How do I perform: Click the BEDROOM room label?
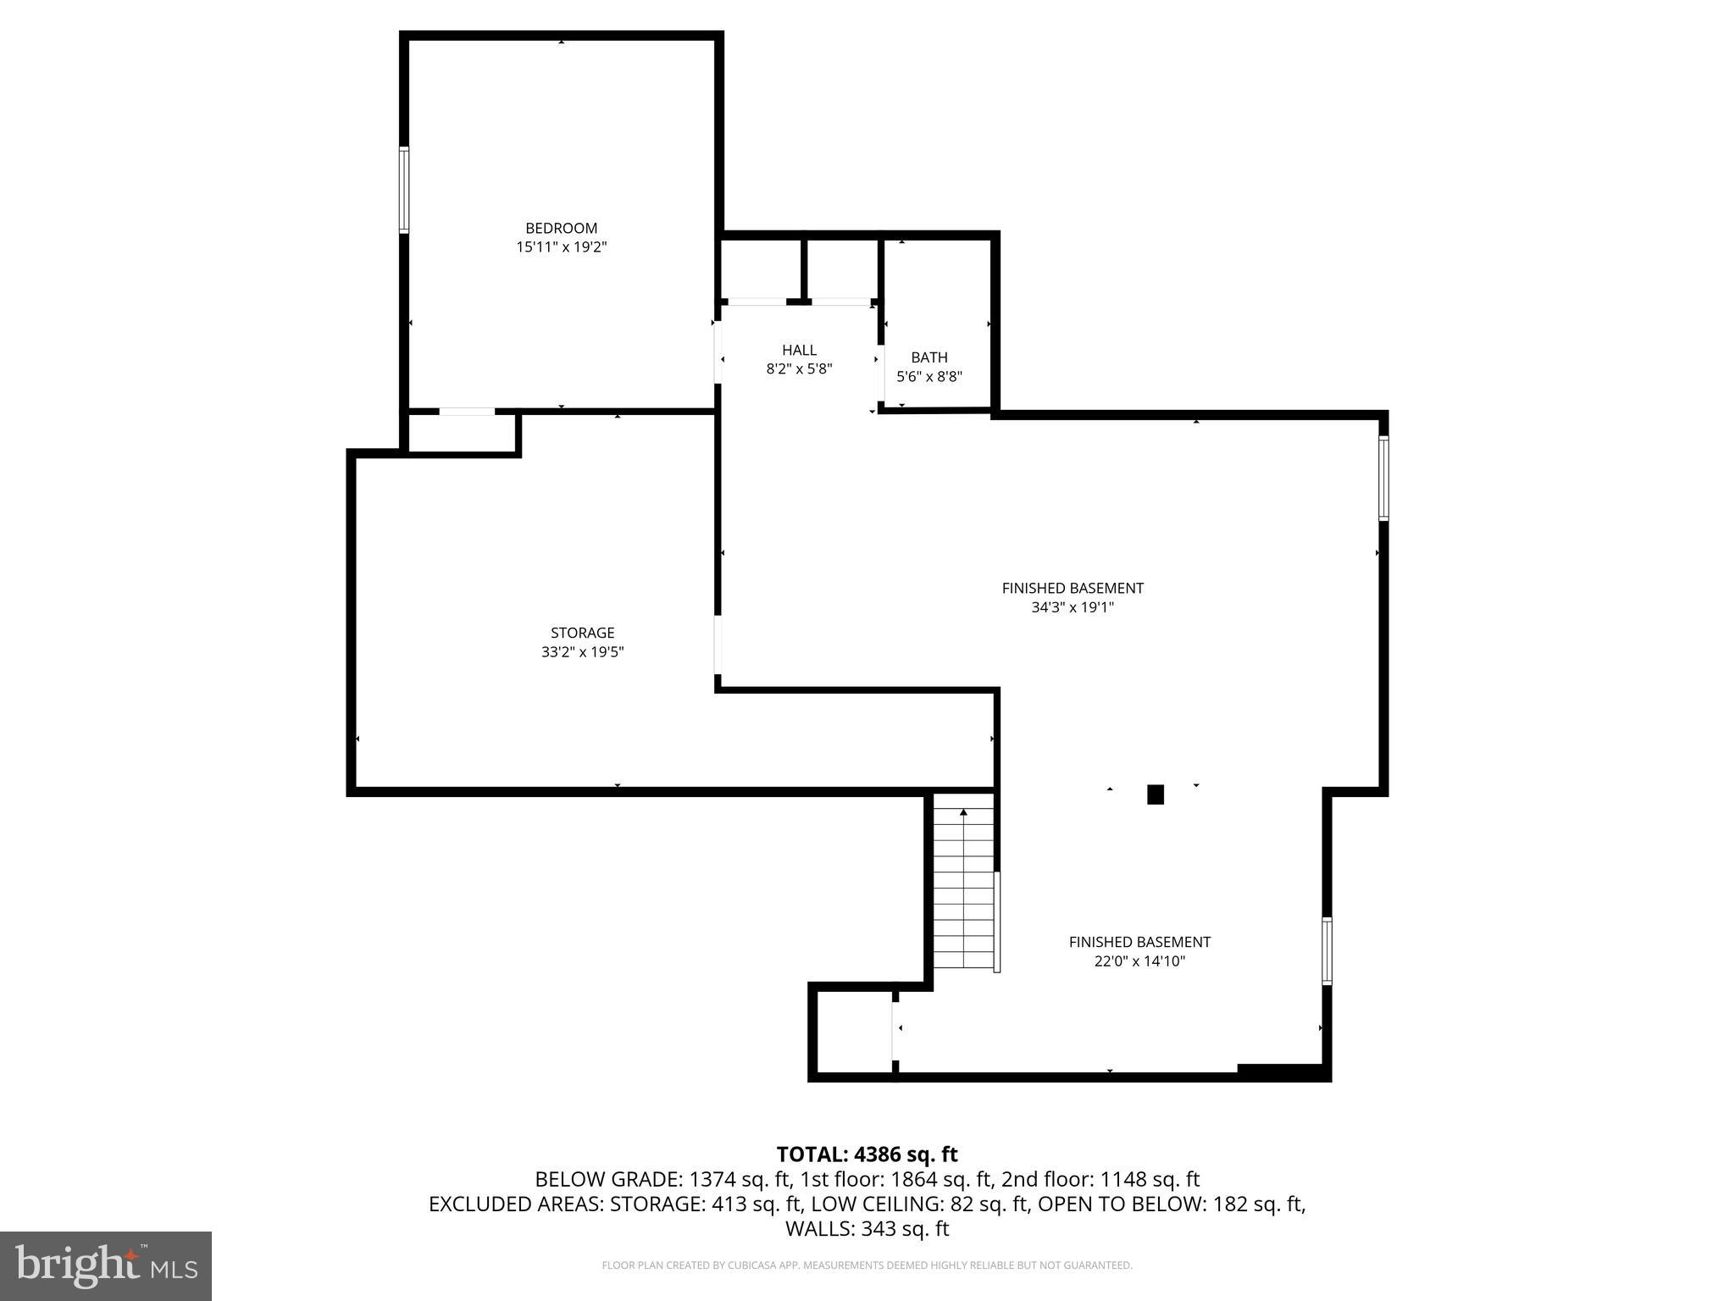tap(561, 228)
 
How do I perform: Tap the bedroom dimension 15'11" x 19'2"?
tap(562, 247)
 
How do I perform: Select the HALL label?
tap(799, 350)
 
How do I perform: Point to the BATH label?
tap(929, 357)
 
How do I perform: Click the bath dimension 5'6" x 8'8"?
tap(929, 377)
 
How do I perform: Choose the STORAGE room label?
tap(582, 633)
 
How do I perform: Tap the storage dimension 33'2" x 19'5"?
tap(582, 652)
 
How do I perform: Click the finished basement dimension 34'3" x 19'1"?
tap(1073, 607)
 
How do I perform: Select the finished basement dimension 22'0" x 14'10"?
tap(1139, 961)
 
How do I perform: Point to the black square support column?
tap(1155, 794)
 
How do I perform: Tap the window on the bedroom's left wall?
tap(404, 190)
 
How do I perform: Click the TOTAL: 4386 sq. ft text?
tap(867, 1154)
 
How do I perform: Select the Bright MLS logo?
tap(106, 1265)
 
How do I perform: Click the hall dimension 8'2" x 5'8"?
tap(799, 369)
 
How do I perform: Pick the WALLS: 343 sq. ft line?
tap(867, 1228)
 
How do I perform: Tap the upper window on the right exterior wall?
tap(1383, 478)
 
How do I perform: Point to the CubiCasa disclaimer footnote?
tap(867, 1265)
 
